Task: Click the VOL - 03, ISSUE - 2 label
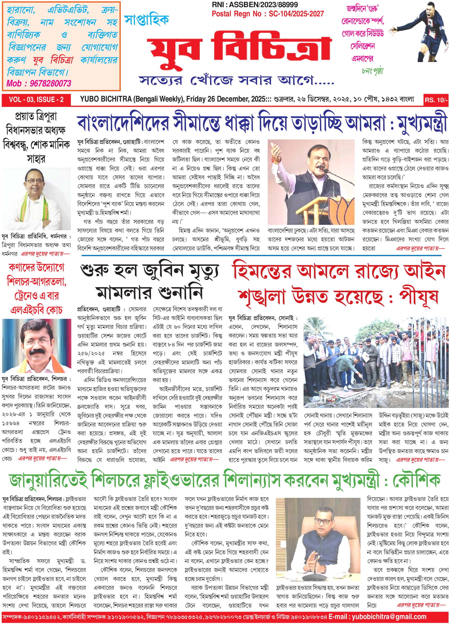(36, 100)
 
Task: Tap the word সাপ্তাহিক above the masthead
(146, 20)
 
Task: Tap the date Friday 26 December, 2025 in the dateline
(226, 99)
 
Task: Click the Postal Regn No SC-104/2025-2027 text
(268, 14)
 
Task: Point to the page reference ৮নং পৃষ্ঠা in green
(372, 71)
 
